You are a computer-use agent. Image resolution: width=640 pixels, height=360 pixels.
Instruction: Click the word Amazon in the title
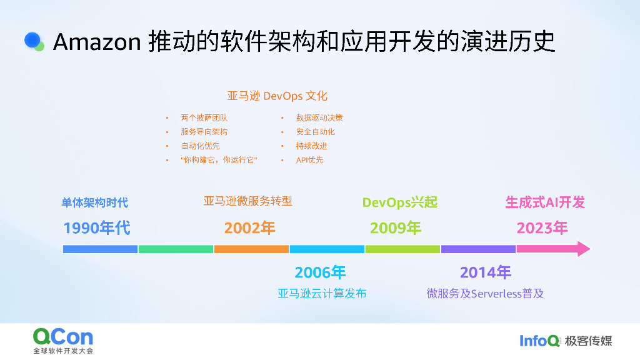coord(97,42)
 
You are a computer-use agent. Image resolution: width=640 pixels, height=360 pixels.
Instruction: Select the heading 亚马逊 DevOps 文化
coord(277,96)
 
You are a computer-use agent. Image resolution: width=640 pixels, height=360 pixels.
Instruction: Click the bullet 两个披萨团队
coord(204,117)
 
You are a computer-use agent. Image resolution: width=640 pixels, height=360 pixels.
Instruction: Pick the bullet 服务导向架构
coord(204,132)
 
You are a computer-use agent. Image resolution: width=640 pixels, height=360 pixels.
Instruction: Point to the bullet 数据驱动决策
coord(319,117)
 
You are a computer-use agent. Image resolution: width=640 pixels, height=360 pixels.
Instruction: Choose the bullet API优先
coord(310,160)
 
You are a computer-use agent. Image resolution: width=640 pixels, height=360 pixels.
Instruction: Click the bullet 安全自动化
coord(316,132)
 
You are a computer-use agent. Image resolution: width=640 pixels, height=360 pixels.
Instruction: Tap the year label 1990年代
coord(97,228)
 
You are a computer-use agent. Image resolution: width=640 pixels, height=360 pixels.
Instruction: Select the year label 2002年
coord(250,228)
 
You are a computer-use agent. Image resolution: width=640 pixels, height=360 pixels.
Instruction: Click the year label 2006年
coord(320,272)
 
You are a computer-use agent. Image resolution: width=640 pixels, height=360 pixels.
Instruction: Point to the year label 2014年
coord(486,272)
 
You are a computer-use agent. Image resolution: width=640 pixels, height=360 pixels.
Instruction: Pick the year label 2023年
coord(542,228)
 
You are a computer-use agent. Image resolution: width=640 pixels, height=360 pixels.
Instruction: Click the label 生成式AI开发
coord(545,202)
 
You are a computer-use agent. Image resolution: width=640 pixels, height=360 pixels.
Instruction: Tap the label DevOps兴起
coord(400,202)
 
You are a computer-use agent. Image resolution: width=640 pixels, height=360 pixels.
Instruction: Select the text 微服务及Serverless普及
coord(485,293)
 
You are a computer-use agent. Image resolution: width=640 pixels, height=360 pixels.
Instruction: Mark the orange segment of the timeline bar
coord(251,249)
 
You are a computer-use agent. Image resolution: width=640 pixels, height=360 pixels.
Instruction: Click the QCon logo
coord(62,338)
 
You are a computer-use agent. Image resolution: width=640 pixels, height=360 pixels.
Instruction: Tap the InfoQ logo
coord(539,341)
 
